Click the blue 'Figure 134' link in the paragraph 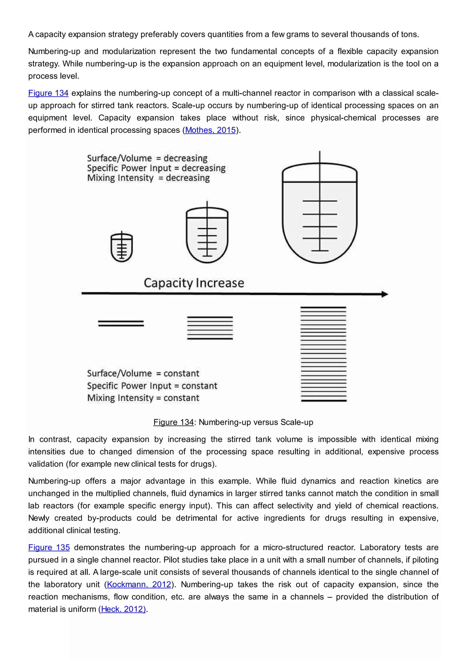pyautogui.click(x=48, y=93)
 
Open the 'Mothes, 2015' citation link pyautogui.click(x=210, y=130)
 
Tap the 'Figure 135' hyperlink pyautogui.click(x=49, y=547)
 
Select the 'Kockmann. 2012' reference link pyautogui.click(x=139, y=584)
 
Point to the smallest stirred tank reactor pyautogui.click(x=122, y=247)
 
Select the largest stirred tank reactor pyautogui.click(x=319, y=213)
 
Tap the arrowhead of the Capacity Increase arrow pyautogui.click(x=385, y=294)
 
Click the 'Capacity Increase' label pyautogui.click(x=194, y=283)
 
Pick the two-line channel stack pyautogui.click(x=121, y=323)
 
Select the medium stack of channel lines pyautogui.click(x=210, y=328)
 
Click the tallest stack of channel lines pyautogui.click(x=324, y=354)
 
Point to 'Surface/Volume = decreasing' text pyautogui.click(x=147, y=158)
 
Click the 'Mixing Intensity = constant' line pyautogui.click(x=143, y=398)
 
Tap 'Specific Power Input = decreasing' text pyautogui.click(x=156, y=168)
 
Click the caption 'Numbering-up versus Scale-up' pyautogui.click(x=256, y=422)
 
